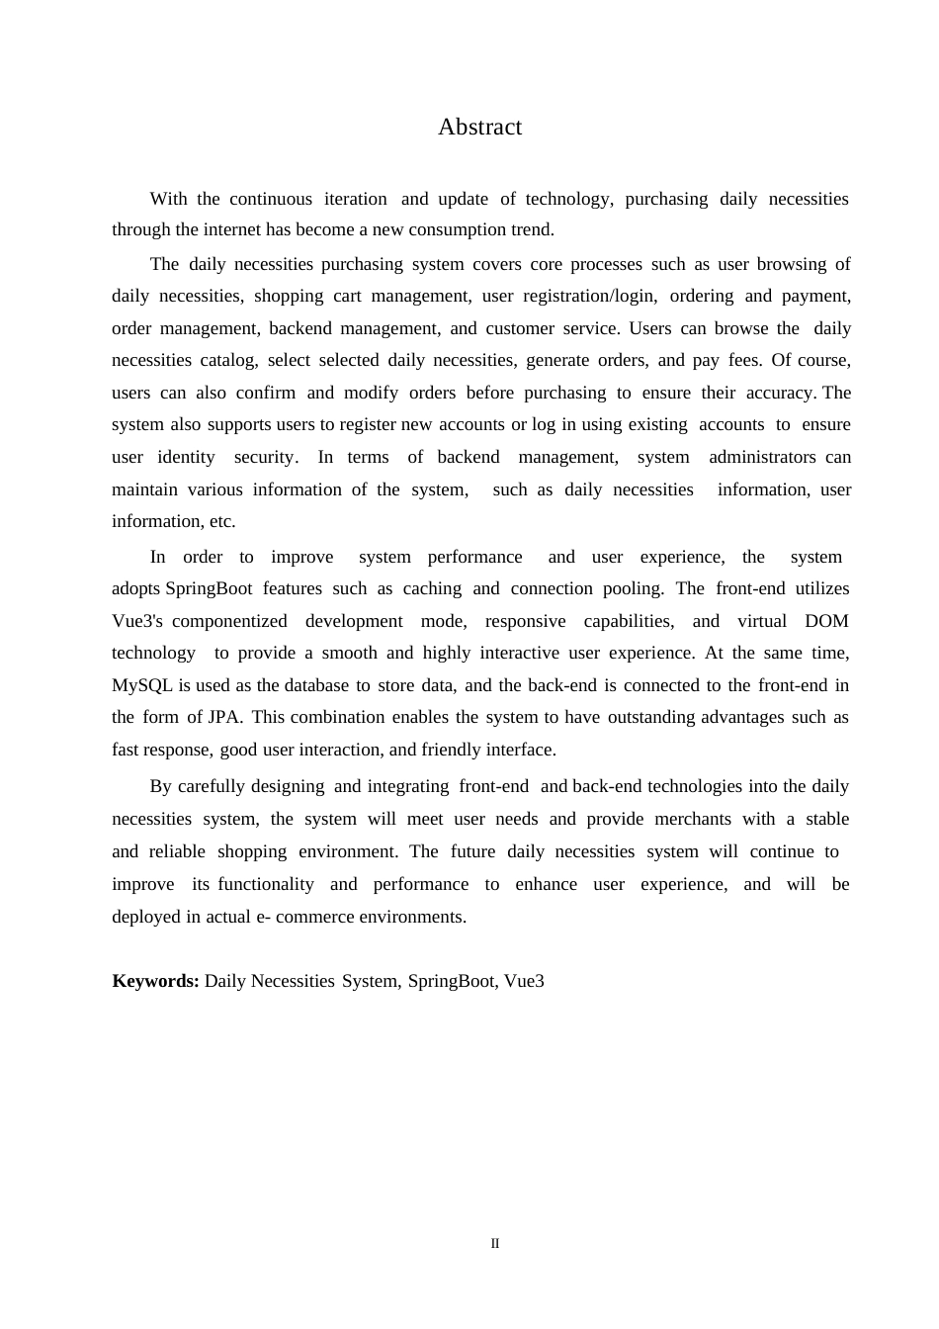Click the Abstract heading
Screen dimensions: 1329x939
(479, 128)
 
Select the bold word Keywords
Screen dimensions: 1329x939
(155, 981)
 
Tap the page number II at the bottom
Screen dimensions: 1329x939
(495, 1244)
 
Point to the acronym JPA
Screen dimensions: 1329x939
(225, 718)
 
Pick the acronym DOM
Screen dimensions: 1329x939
(826, 621)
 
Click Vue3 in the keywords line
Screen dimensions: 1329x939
(524, 981)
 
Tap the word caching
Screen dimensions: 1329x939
(431, 588)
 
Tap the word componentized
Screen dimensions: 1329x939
(229, 621)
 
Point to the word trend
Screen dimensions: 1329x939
(530, 230)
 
